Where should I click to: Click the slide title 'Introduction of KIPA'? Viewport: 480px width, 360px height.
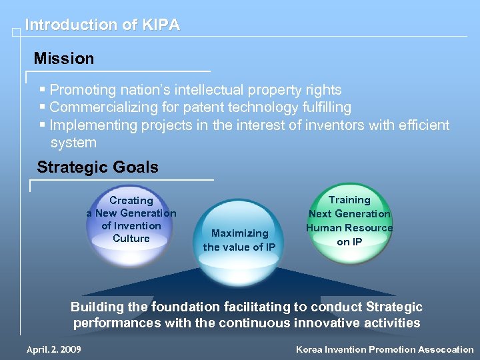click(102, 25)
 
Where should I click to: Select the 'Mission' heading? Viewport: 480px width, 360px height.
click(64, 59)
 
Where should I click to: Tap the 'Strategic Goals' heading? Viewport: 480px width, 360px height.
click(97, 167)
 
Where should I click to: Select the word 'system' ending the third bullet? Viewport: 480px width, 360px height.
click(73, 143)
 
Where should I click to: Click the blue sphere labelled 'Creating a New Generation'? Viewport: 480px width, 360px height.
click(131, 225)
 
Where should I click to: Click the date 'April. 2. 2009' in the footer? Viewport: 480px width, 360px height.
click(54, 349)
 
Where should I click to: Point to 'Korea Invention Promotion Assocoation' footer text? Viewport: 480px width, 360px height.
click(385, 349)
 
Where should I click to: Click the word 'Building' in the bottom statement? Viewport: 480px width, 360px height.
click(97, 307)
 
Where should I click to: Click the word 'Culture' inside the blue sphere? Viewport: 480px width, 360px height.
click(131, 239)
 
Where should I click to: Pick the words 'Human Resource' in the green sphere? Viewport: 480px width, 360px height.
click(349, 228)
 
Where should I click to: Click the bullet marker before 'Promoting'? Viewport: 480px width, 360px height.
click(43, 89)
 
